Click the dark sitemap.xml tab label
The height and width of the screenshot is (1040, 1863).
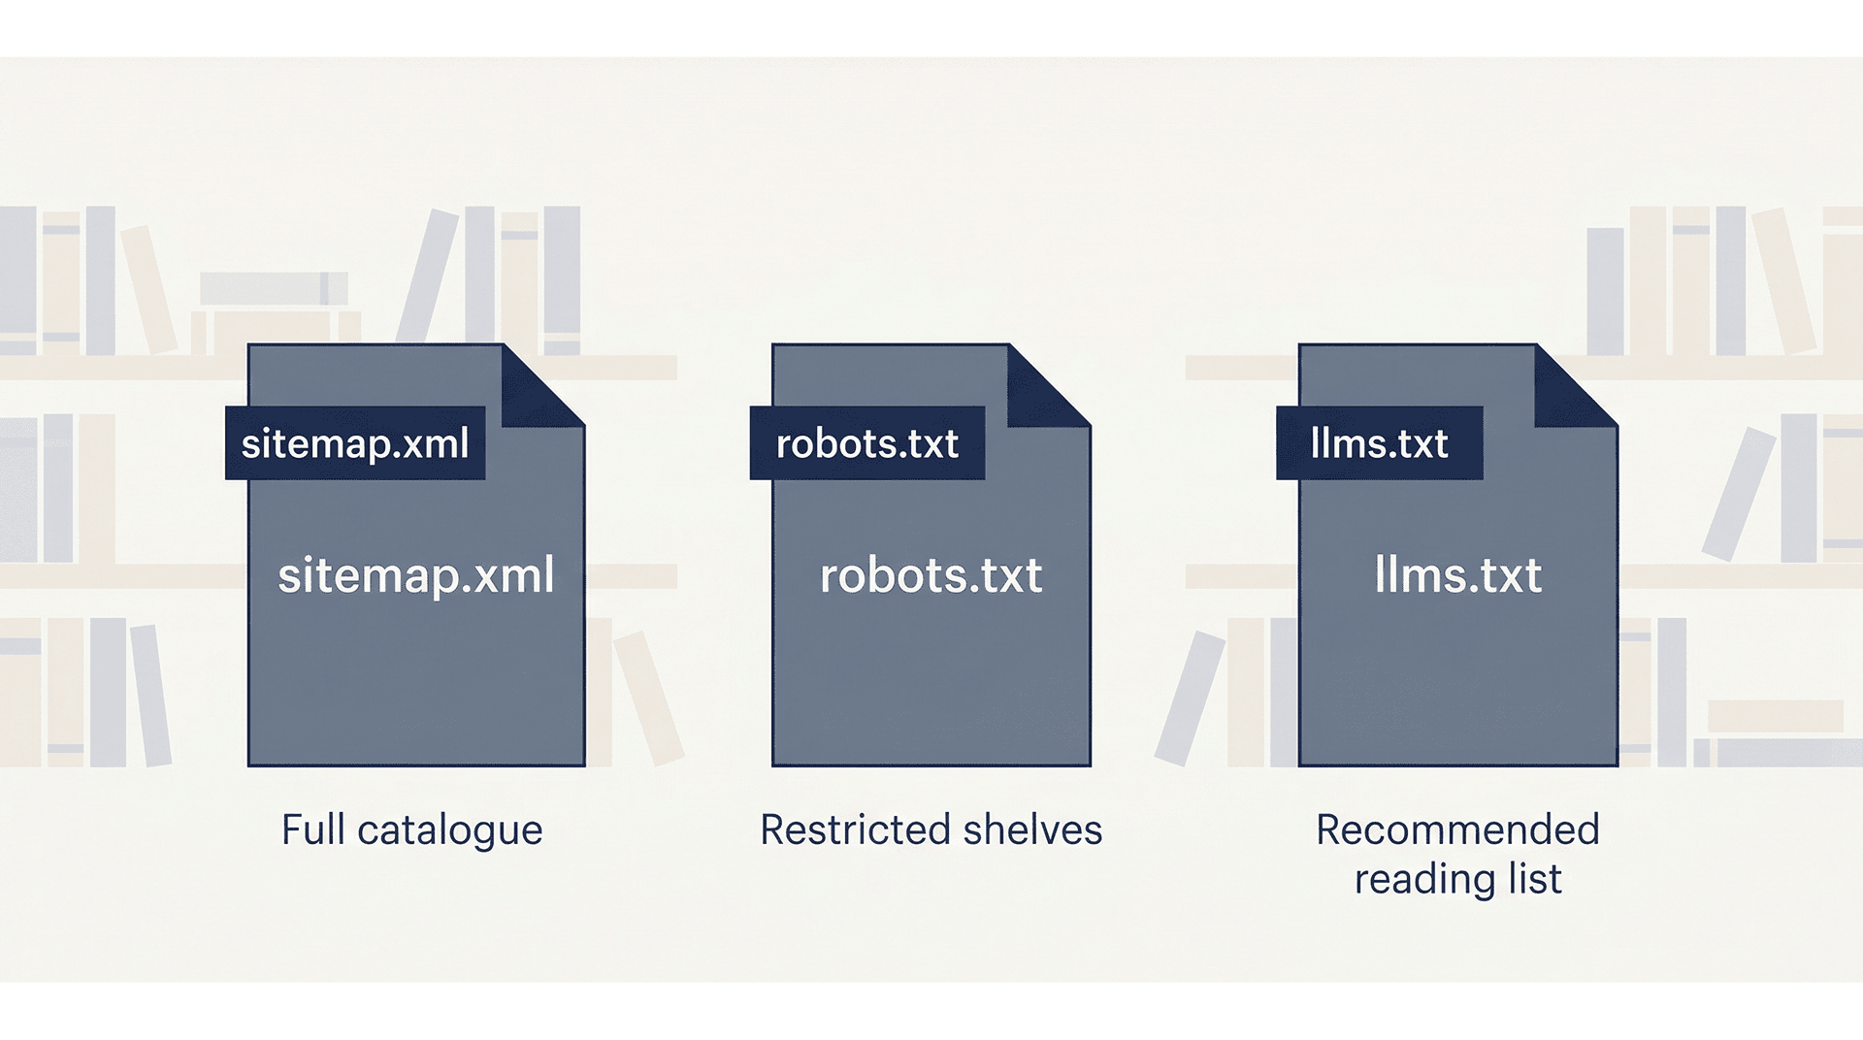coord(355,443)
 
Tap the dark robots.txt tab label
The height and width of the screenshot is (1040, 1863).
coord(866,443)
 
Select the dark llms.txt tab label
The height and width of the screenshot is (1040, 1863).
coord(1379,443)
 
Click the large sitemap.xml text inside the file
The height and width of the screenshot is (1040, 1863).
coord(416,575)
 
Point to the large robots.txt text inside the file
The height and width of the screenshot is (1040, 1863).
coord(931,575)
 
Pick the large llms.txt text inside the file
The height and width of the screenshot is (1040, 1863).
coord(1457,575)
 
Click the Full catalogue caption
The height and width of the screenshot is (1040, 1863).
coord(411,830)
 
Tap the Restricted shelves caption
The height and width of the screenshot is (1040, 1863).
coord(931,830)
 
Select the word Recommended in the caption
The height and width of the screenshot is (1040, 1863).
coord(1457,830)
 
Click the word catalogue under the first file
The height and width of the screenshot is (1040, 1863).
coord(449,830)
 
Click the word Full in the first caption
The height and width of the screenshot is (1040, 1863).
coord(312,830)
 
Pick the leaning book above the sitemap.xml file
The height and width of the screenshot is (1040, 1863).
coord(428,276)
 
